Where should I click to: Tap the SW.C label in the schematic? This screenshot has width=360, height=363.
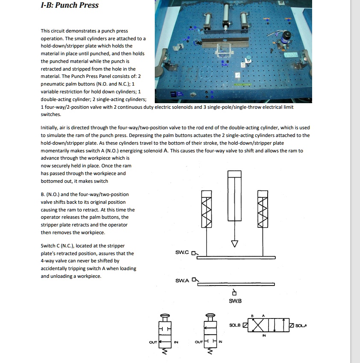pos(183,253)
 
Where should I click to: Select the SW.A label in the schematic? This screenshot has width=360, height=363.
pos(183,281)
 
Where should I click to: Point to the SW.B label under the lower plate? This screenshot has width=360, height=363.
pos(235,301)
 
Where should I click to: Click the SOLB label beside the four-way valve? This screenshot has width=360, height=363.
pos(235,325)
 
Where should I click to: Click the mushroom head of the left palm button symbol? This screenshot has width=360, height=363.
pos(165,316)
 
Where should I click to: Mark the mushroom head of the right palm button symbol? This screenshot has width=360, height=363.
pos(210,316)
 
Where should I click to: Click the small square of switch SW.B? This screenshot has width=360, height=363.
pos(234,294)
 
